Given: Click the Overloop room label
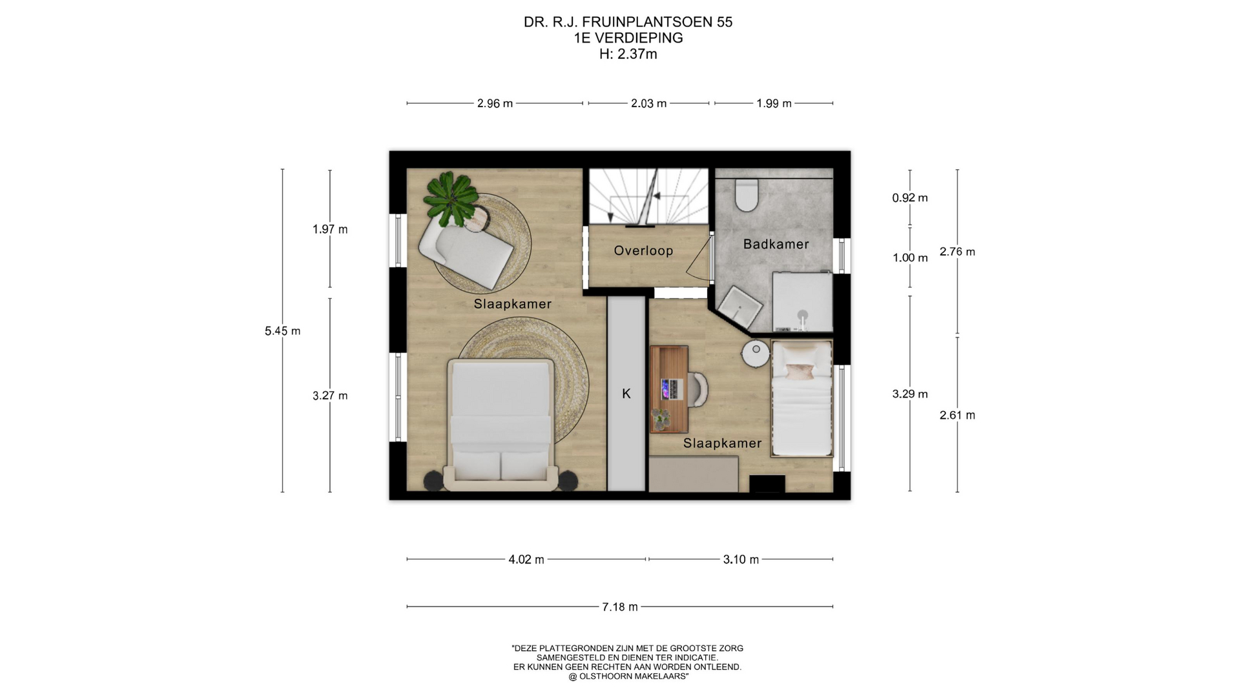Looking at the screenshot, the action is [643, 250].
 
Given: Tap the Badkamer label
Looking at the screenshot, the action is [776, 244].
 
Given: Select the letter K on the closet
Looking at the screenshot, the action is [626, 394].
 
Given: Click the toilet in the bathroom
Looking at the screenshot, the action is [747, 195].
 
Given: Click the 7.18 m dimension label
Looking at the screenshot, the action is [620, 607].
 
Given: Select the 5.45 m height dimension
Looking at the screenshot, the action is [282, 331].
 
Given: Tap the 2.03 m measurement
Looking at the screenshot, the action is [648, 103].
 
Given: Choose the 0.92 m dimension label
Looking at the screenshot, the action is [910, 198].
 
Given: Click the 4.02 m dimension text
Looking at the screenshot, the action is [526, 560].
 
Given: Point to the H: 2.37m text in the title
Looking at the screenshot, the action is [628, 54].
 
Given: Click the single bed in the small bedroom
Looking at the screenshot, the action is [801, 398].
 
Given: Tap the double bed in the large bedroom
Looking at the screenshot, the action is [501, 423].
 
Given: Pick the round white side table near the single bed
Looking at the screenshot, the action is [756, 353].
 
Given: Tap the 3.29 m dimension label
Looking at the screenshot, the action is [910, 394].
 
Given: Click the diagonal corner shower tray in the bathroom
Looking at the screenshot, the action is [740, 307].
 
